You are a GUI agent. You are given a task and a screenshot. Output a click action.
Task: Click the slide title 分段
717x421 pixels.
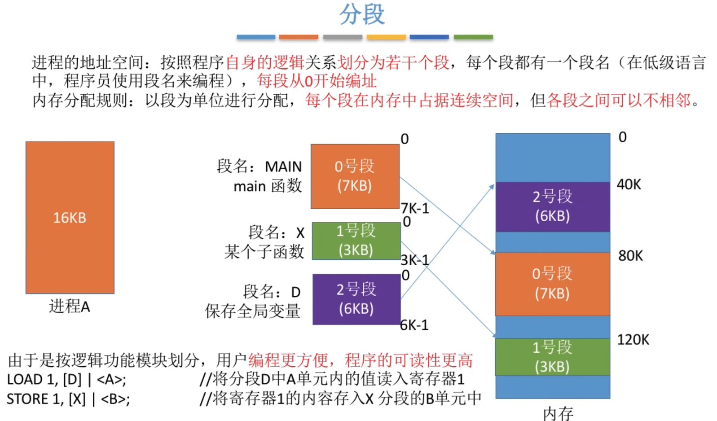[x=362, y=14]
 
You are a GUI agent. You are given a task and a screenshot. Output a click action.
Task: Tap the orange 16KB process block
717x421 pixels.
[x=70, y=218]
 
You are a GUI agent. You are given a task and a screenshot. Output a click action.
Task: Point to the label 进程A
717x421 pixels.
[x=70, y=307]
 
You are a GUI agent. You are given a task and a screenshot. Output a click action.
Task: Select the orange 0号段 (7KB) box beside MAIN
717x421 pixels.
[x=355, y=176]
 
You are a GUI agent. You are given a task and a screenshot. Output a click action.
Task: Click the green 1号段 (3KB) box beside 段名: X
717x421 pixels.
[x=356, y=241]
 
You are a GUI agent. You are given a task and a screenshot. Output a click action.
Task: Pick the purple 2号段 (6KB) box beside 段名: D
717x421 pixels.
[x=356, y=299]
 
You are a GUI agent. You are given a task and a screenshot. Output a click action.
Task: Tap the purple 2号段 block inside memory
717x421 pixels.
[x=552, y=206]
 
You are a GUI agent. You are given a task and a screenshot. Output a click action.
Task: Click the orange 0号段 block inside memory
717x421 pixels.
[x=552, y=284]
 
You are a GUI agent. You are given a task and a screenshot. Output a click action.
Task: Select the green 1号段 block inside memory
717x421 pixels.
[x=552, y=357]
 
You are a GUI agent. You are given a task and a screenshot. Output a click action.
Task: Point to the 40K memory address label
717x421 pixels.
[x=629, y=184]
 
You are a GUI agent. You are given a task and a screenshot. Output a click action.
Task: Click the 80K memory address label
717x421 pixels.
[x=630, y=256]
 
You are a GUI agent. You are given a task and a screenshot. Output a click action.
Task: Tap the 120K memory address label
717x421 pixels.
[x=633, y=340]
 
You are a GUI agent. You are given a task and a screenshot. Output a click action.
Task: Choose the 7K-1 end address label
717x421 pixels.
[x=415, y=208]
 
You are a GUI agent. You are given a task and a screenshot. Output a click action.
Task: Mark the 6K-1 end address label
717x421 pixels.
[x=414, y=325]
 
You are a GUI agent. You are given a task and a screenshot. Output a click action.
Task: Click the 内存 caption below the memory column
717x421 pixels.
[x=558, y=413]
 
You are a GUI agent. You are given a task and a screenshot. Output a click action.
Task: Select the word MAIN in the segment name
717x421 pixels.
[x=283, y=167]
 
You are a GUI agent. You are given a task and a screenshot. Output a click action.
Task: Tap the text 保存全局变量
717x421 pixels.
[x=253, y=311]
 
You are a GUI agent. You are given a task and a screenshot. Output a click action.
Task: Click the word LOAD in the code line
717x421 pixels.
[x=25, y=380]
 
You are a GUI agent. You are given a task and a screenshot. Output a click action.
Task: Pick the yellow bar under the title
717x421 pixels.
[x=386, y=37]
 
